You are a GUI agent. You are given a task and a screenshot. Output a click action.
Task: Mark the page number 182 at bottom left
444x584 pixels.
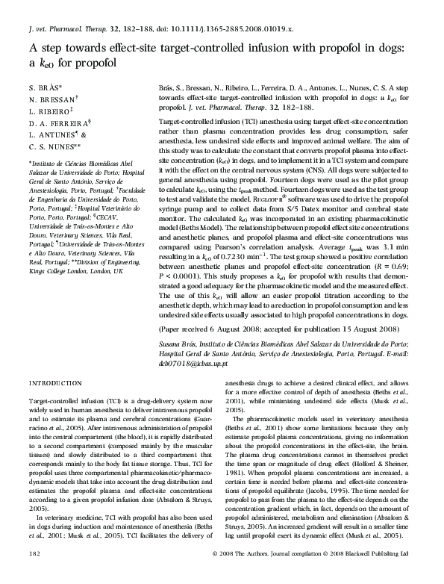tap(34, 574)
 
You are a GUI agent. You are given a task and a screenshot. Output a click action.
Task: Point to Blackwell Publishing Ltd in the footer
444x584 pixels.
tap(378, 574)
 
